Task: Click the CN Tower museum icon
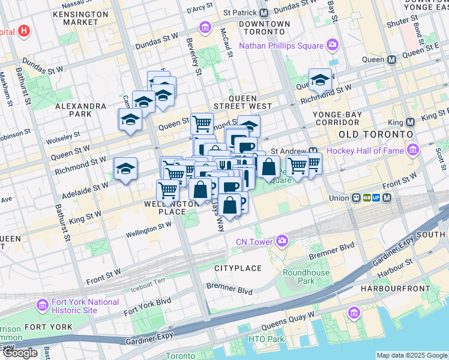pyautogui.click(x=282, y=242)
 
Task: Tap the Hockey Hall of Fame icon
pyautogui.click(x=412, y=150)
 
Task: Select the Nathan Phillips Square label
pyautogui.click(x=282, y=46)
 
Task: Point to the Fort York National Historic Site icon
pyautogui.click(x=43, y=305)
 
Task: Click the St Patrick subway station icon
pyautogui.click(x=264, y=12)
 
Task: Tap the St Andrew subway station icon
pyautogui.click(x=313, y=151)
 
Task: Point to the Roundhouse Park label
pyautogui.click(x=306, y=277)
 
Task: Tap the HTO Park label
pyautogui.click(x=267, y=339)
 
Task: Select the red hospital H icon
pyautogui.click(x=24, y=31)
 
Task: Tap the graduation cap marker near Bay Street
pyautogui.click(x=321, y=80)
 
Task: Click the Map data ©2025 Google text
pyautogui.click(x=412, y=355)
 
